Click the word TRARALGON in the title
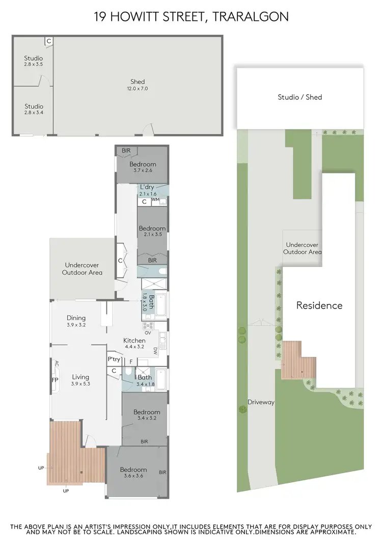[x=251, y=16]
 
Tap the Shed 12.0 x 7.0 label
[x=138, y=85]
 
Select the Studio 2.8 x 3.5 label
[x=34, y=62]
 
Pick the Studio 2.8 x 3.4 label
[x=34, y=110]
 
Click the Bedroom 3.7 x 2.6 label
[x=142, y=167]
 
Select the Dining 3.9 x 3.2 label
[x=76, y=321]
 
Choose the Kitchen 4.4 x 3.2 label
[x=134, y=344]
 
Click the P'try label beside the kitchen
[x=114, y=359]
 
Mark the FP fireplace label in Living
[x=54, y=380]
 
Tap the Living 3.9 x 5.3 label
[x=80, y=380]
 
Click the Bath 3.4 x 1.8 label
[x=145, y=381]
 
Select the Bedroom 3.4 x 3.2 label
[x=147, y=415]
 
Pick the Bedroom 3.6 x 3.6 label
[x=133, y=473]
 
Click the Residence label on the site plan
[x=319, y=305]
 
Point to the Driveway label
[x=261, y=402]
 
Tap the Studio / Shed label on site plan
[x=299, y=97]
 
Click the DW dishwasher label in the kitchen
[x=155, y=350]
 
